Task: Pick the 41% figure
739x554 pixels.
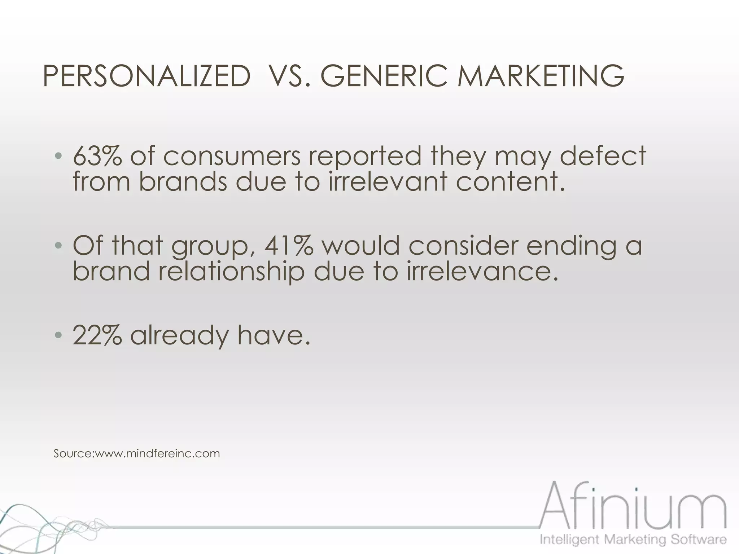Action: pyautogui.click(x=289, y=246)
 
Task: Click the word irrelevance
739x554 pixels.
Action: pyautogui.click(x=482, y=271)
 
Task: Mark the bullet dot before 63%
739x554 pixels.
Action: pyautogui.click(x=58, y=157)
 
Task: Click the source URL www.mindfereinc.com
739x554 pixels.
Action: pyautogui.click(x=157, y=453)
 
